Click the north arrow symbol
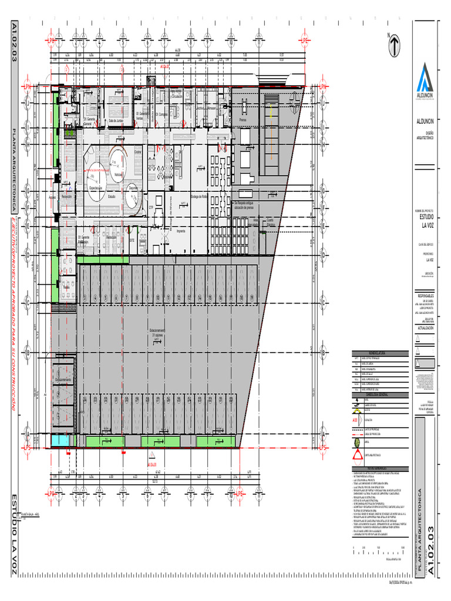(x=394, y=43)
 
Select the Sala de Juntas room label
(x=116, y=120)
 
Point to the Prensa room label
(x=243, y=119)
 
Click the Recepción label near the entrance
(x=66, y=197)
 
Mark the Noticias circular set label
(x=118, y=174)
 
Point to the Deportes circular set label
(x=133, y=188)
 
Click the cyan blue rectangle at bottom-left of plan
(x=60, y=440)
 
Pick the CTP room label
(x=150, y=207)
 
